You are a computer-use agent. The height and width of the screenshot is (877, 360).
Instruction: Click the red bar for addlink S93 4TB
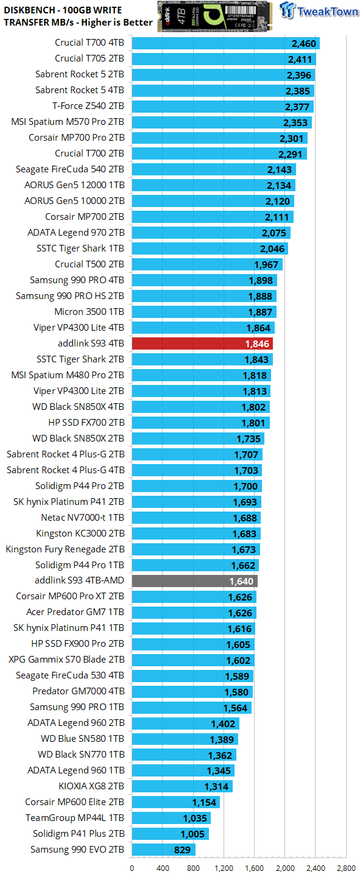[201, 343]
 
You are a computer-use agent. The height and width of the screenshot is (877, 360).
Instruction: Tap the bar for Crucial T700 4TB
[225, 43]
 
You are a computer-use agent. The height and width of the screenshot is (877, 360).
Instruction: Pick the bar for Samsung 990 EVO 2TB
[163, 850]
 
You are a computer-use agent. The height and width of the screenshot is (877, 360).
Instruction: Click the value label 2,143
[279, 170]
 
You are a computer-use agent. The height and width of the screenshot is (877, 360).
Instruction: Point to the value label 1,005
[192, 834]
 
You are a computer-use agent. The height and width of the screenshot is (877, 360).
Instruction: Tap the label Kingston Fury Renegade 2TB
[65, 549]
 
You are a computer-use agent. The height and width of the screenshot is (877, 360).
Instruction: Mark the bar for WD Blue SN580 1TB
[185, 739]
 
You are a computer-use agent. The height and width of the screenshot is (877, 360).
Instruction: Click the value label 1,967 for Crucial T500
[266, 265]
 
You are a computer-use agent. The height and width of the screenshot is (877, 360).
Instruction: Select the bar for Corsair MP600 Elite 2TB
[175, 803]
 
